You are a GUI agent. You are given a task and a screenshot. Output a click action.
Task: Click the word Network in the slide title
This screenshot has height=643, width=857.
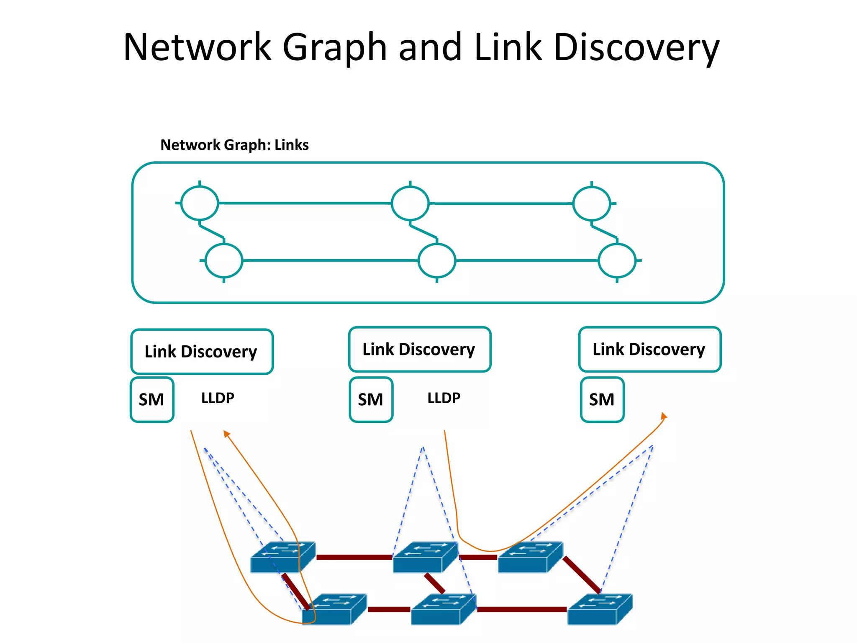(198, 47)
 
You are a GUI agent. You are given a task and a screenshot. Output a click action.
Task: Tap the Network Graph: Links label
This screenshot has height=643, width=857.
(234, 145)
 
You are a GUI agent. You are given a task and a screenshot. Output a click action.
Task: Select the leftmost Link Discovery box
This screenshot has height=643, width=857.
(202, 352)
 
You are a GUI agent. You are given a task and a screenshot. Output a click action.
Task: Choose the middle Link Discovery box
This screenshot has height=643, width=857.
(419, 350)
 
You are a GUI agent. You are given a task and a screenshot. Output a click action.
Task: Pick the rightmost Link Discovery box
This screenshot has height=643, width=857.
(649, 350)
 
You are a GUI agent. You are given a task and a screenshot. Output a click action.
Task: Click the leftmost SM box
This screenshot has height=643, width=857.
(152, 400)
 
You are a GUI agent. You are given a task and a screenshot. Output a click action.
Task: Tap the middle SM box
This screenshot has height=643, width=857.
(371, 400)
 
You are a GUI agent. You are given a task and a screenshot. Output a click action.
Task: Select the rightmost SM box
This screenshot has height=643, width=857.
(602, 400)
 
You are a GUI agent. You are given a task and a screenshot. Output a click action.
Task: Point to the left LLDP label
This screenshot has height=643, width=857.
(218, 398)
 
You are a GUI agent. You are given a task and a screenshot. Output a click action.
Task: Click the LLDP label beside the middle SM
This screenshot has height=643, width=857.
(444, 398)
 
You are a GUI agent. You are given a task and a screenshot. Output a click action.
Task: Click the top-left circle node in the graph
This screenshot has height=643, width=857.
(200, 203)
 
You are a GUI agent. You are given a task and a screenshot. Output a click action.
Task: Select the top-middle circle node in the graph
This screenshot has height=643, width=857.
(410, 203)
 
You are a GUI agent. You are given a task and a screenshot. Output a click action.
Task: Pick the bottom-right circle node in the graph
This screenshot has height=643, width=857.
(617, 260)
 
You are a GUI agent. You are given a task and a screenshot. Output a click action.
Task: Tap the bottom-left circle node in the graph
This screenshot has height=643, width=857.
(224, 260)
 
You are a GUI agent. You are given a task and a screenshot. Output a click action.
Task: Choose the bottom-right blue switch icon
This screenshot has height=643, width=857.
(599, 610)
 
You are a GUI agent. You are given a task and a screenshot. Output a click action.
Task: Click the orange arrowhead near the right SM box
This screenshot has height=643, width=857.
(664, 416)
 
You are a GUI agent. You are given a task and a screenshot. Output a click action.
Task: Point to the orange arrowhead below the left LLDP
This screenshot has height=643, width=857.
(226, 434)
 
